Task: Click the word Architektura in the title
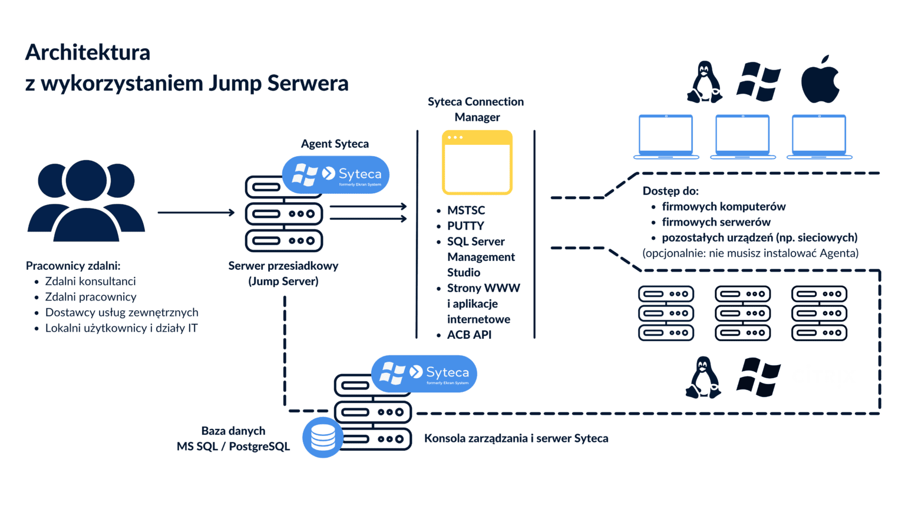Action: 88,52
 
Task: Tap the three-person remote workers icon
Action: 86,200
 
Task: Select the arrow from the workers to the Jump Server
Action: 196,213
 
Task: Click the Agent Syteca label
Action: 335,144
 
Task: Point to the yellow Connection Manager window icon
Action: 477,163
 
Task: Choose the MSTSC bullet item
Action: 465,210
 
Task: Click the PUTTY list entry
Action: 465,226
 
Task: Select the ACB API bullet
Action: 468,335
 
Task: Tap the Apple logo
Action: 820,81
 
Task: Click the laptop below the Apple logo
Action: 819,137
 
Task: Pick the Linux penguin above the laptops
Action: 704,82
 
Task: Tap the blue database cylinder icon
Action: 323,438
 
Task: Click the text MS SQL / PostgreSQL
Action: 233,447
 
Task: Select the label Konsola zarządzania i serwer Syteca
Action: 516,438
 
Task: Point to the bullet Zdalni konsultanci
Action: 90,282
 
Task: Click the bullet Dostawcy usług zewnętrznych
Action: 121,313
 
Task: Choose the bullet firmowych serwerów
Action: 716,222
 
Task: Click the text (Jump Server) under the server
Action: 283,282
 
